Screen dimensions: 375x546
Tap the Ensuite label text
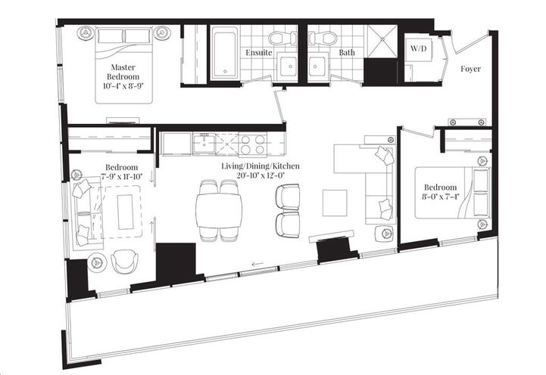(x=259, y=53)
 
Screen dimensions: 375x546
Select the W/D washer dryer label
(x=419, y=49)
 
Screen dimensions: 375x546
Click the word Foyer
(x=470, y=69)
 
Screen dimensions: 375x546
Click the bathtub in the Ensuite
(x=225, y=53)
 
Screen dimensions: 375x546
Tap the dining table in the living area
(x=218, y=211)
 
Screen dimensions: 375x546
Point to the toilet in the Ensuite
(x=276, y=38)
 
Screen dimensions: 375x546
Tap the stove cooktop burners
(x=250, y=143)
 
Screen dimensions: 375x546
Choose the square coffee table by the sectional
(x=335, y=202)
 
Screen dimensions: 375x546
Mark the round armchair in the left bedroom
(x=124, y=262)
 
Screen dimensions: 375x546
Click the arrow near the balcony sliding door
(x=258, y=265)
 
